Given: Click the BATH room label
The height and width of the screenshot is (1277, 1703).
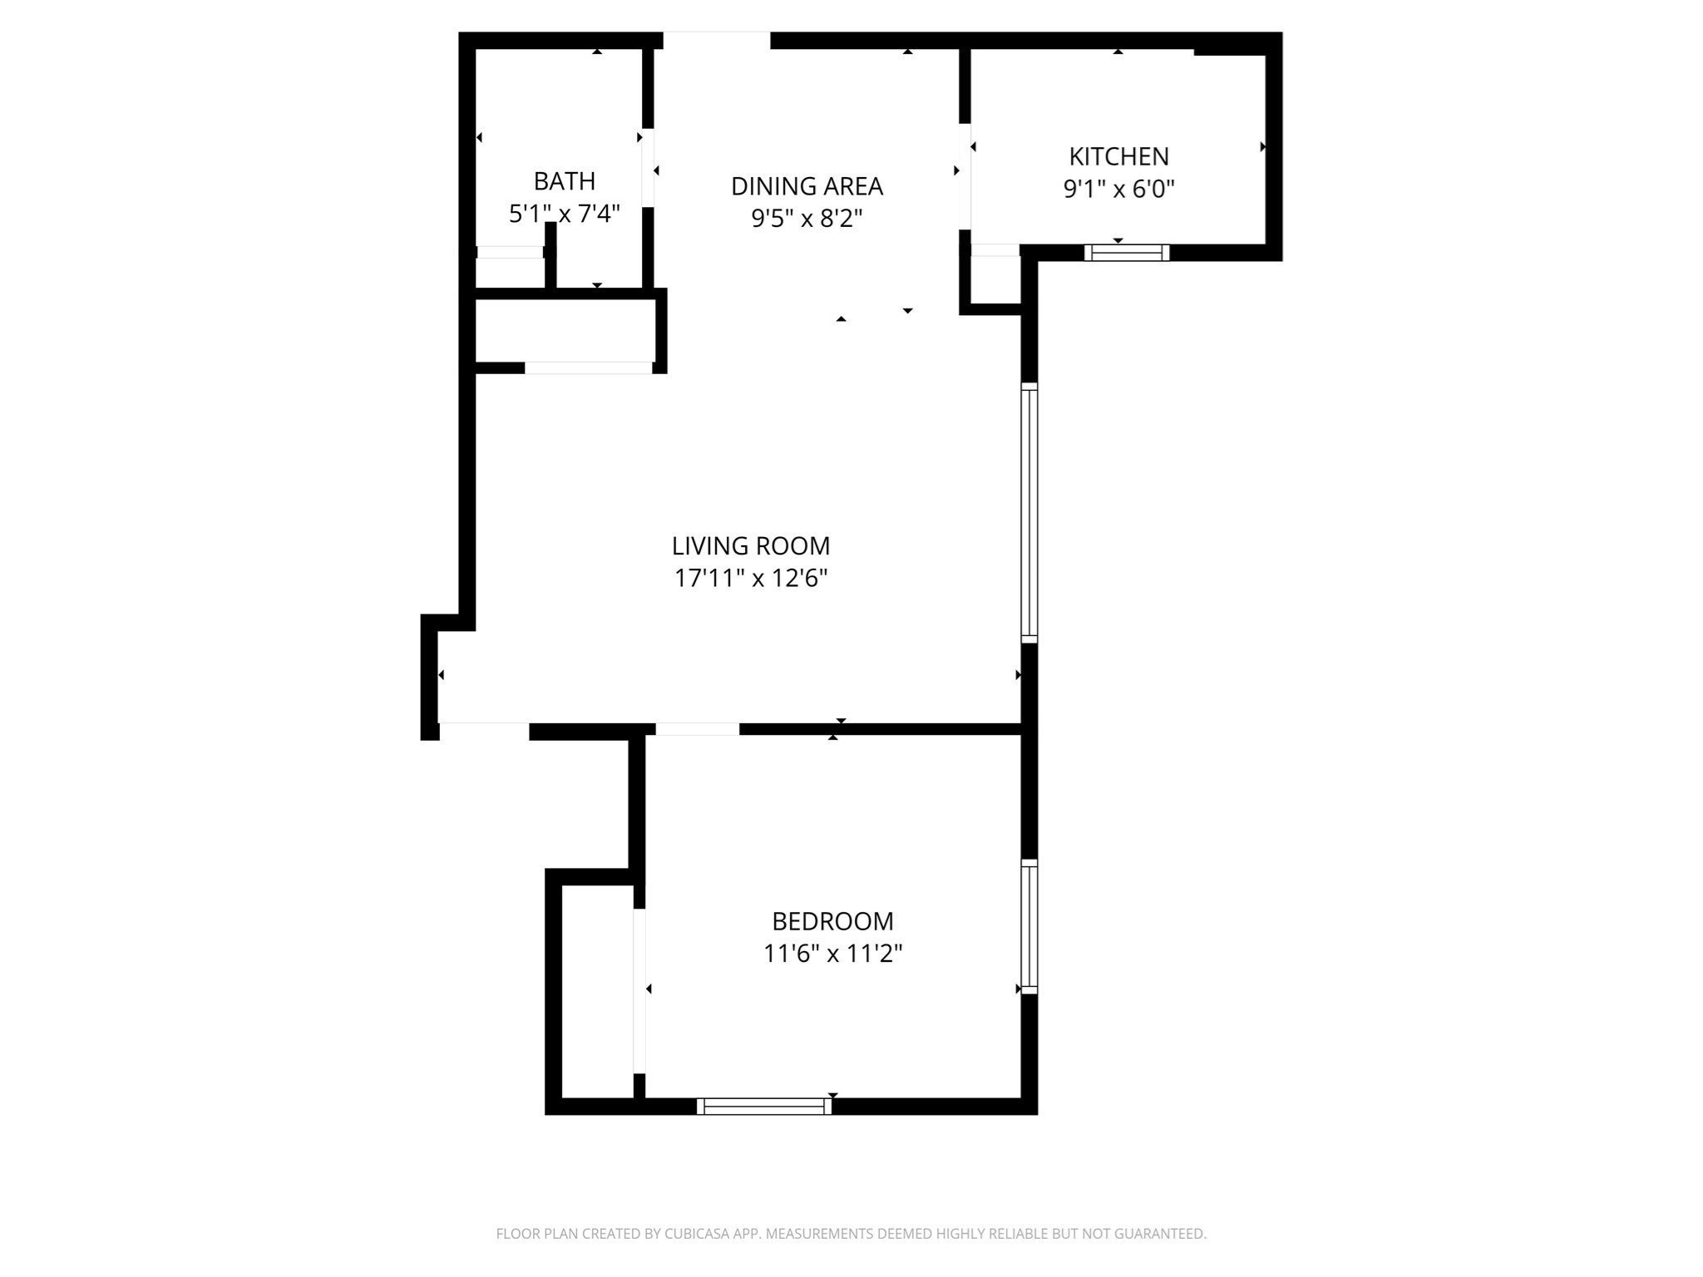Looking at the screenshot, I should tap(564, 180).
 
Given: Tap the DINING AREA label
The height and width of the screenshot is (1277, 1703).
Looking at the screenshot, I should tap(807, 186).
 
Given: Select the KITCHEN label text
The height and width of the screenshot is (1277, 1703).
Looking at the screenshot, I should tap(1118, 156).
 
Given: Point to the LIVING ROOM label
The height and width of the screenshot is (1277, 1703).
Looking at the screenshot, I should tap(751, 546).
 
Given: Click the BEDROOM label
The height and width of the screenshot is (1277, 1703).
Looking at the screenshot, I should tap(832, 921).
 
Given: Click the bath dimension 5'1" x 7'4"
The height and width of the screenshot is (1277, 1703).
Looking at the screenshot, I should tap(564, 214).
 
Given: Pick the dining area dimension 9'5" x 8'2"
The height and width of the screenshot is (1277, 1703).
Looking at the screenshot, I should tap(807, 219).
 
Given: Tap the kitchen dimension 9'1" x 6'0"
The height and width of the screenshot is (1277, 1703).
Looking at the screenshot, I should tap(1118, 190).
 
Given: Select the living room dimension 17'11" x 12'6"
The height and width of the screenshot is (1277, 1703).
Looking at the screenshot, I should tap(751, 578).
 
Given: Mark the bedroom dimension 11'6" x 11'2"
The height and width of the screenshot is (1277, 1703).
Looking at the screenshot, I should tap(832, 953).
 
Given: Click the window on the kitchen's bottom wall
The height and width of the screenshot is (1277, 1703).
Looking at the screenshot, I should tap(1127, 252).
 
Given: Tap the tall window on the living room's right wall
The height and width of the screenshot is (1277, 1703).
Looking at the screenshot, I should tap(1029, 512).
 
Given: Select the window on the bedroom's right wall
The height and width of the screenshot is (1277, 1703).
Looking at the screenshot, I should tap(1029, 926).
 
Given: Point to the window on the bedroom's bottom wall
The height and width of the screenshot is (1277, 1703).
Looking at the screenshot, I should tap(764, 1106).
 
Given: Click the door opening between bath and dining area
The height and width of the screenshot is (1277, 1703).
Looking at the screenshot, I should tap(648, 167).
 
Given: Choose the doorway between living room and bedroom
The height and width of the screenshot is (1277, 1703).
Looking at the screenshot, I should tap(697, 729).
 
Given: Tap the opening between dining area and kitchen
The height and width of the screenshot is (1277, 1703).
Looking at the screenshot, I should tap(965, 176).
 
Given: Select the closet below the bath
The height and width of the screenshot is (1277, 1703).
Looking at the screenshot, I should tap(565, 331).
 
